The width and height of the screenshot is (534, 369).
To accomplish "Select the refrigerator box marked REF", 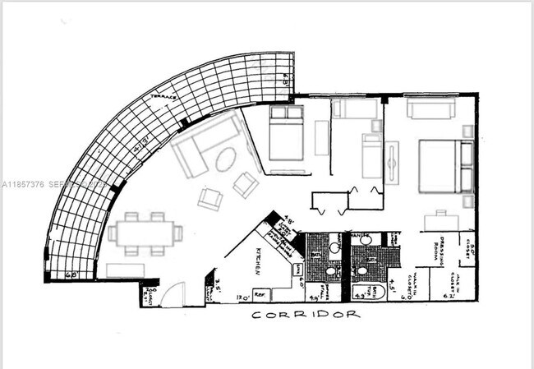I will coord(259,293).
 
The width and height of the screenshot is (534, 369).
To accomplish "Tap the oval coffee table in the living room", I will coord(224,161).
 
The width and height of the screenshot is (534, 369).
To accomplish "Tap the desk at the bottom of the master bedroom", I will coord(441,221).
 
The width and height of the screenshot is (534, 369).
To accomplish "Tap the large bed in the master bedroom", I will coord(444,167).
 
